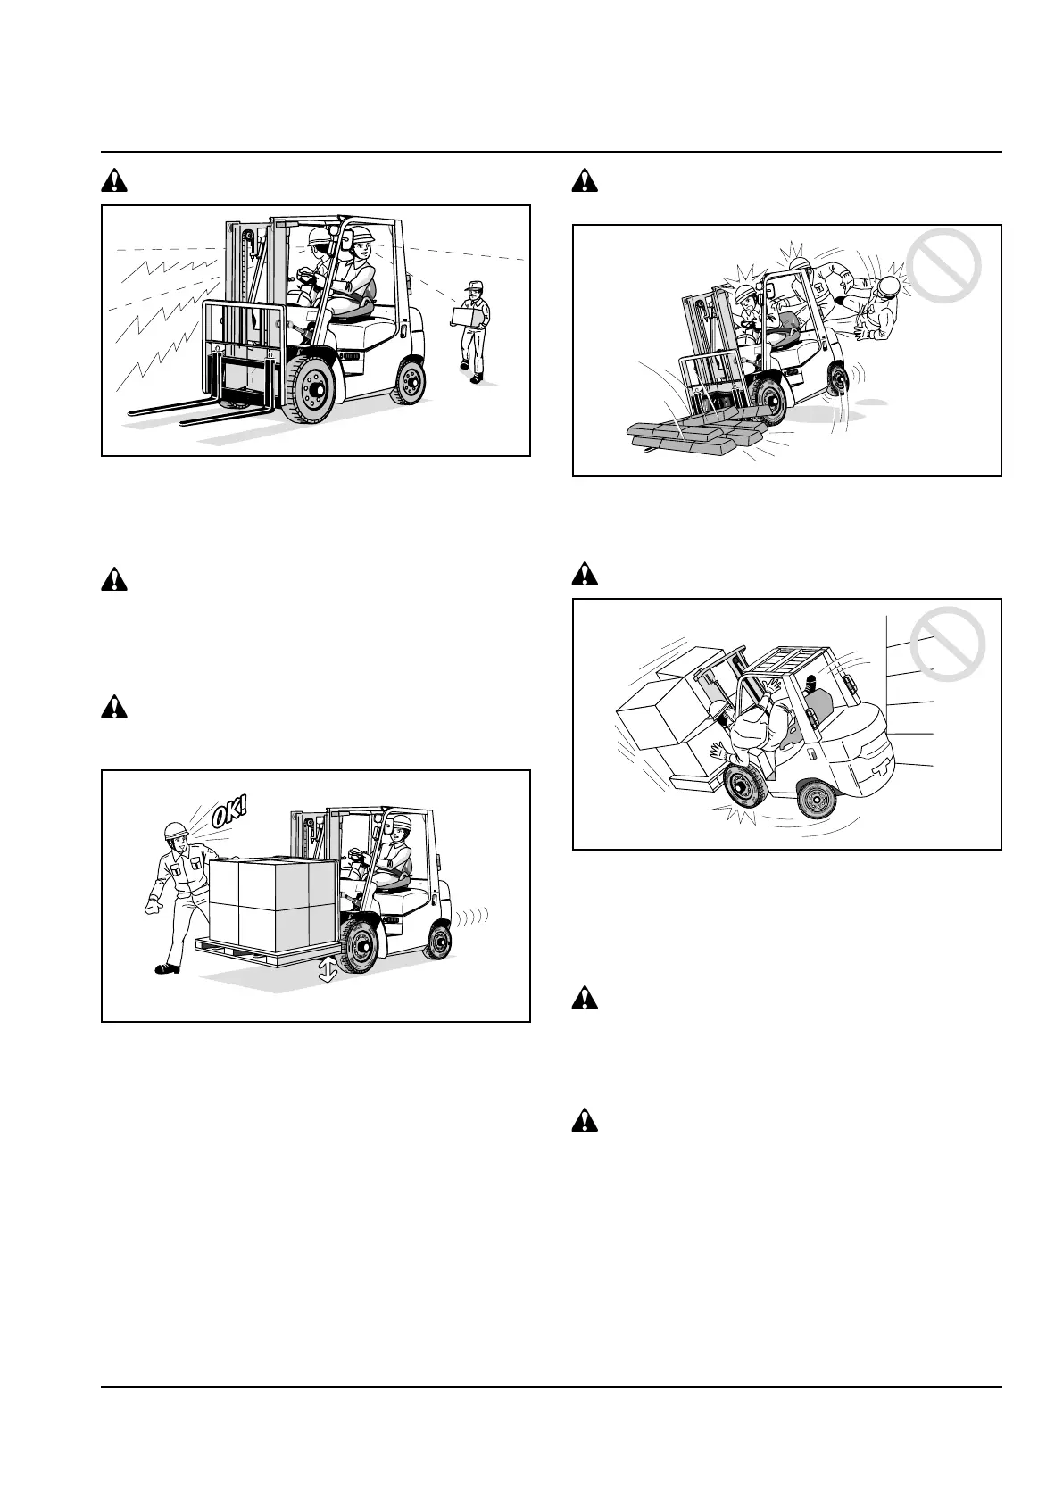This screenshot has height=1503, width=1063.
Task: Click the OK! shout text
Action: click(230, 815)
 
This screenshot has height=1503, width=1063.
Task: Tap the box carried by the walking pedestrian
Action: click(466, 317)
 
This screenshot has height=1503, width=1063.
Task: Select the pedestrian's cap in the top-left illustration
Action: click(473, 286)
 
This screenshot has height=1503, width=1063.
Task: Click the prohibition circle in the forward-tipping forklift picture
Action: click(943, 266)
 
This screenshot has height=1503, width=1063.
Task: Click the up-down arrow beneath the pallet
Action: click(328, 969)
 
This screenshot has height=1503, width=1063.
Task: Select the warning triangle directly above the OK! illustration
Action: click(114, 708)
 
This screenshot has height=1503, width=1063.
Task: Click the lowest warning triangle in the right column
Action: click(585, 1119)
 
